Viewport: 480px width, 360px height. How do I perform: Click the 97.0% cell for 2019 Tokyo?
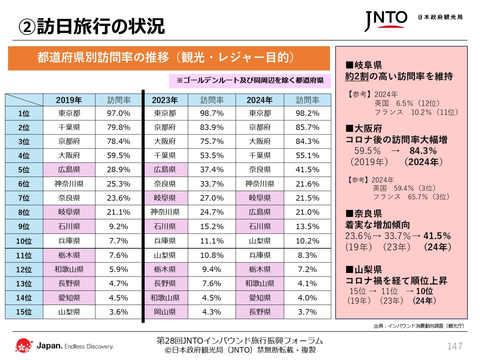tap(118, 113)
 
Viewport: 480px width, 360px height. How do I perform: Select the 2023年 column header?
tap(165, 100)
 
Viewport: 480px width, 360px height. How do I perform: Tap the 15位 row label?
tap(24, 312)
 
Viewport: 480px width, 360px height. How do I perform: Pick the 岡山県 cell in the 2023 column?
tap(165, 312)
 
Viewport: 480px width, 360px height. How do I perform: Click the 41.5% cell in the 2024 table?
tap(307, 170)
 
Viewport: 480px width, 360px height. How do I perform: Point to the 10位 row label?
tap(24, 241)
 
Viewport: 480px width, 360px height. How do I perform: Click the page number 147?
tap(454, 346)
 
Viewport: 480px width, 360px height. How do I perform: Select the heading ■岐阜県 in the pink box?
tap(364, 65)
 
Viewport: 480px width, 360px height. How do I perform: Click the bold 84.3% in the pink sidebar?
tap(423, 151)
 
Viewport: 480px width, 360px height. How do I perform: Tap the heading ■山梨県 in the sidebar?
tap(364, 269)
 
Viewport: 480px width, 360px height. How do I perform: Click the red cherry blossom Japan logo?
tap(24, 346)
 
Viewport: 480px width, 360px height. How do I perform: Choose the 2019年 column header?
tap(69, 100)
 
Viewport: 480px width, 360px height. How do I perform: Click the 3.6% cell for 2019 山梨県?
tap(118, 312)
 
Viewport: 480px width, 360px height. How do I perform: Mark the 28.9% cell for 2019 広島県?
tap(118, 170)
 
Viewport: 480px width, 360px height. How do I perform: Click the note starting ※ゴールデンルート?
tap(250, 80)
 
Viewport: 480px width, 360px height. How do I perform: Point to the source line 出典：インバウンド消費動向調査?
tap(419, 326)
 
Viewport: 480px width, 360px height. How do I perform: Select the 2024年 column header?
tap(259, 100)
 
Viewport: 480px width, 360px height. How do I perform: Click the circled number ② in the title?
tap(27, 27)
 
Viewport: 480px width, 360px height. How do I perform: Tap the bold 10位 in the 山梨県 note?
tap(424, 291)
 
